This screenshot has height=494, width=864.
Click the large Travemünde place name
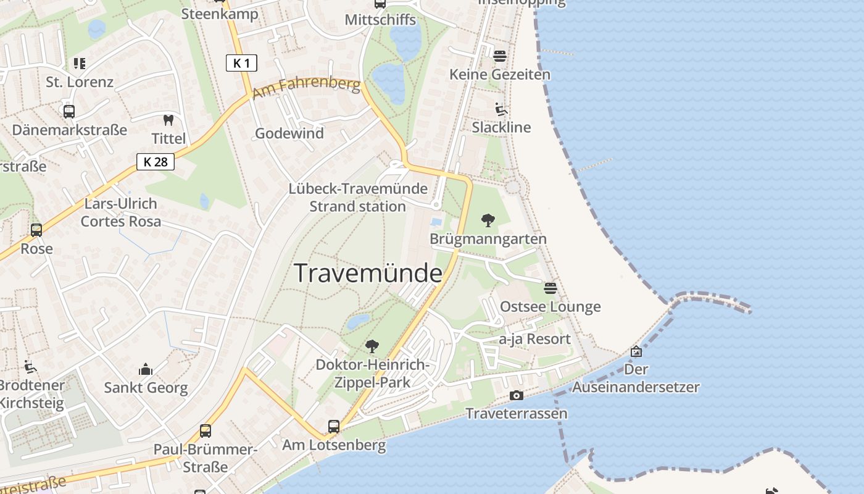368,273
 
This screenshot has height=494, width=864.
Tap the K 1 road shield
241,63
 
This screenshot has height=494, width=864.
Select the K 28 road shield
156,162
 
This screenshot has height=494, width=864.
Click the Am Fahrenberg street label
306,88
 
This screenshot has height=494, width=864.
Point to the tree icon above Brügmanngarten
488,220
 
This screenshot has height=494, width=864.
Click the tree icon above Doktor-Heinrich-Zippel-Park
372,346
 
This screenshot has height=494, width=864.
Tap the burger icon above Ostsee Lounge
550,288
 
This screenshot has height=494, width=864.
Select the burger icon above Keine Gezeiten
500,56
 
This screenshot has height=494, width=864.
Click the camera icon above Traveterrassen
517,395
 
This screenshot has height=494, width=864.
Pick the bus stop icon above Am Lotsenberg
334,426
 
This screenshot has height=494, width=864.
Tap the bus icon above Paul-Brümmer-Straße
206,430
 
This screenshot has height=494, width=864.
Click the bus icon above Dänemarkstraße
69,112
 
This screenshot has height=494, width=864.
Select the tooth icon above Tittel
168,120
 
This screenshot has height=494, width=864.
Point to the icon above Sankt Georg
146,369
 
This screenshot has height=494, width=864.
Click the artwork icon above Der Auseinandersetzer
636,351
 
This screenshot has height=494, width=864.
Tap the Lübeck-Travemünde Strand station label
358,198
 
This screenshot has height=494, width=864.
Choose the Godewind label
289,133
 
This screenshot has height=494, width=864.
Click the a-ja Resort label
535,339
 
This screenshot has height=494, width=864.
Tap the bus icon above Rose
36,230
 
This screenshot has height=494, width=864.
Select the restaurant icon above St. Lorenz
79,63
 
